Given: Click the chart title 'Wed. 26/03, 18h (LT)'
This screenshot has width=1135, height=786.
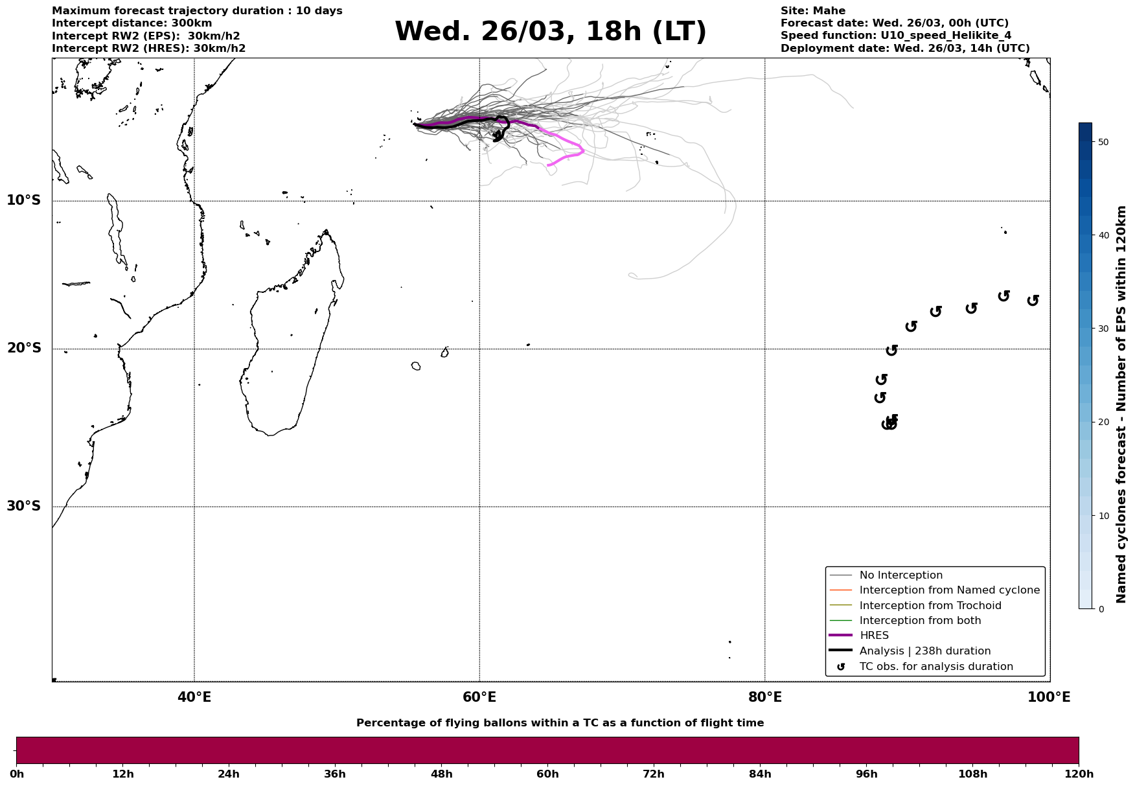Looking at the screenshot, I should point(550,32).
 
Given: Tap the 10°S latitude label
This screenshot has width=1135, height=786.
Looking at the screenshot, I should point(24,200).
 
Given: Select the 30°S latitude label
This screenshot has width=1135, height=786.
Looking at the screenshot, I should point(24,506).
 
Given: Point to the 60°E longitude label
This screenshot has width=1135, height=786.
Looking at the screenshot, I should point(479,697).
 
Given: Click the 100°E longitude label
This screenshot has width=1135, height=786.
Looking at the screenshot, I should point(1049,697).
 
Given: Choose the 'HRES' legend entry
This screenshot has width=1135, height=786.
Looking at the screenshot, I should point(874,636).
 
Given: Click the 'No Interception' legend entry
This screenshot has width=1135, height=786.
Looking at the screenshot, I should point(900,575).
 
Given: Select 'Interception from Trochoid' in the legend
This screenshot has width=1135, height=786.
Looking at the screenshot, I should point(930,606).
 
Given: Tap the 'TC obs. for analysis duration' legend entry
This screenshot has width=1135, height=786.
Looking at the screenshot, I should point(935,667).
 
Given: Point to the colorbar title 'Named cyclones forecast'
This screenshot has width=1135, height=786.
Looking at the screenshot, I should point(1121,404).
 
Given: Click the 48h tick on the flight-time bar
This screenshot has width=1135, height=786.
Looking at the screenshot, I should point(442,774).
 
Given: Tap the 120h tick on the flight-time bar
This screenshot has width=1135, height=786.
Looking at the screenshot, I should point(1079,774).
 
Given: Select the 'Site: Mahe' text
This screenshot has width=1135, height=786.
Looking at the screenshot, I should point(812,11).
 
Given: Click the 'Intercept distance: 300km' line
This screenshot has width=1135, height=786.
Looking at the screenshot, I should point(132,23).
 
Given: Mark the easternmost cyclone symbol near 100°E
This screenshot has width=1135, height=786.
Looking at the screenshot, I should point(1033,300).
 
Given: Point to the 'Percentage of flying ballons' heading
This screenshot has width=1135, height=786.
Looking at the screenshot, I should point(560,723).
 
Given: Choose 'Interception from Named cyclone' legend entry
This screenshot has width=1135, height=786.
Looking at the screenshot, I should point(949,590).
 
